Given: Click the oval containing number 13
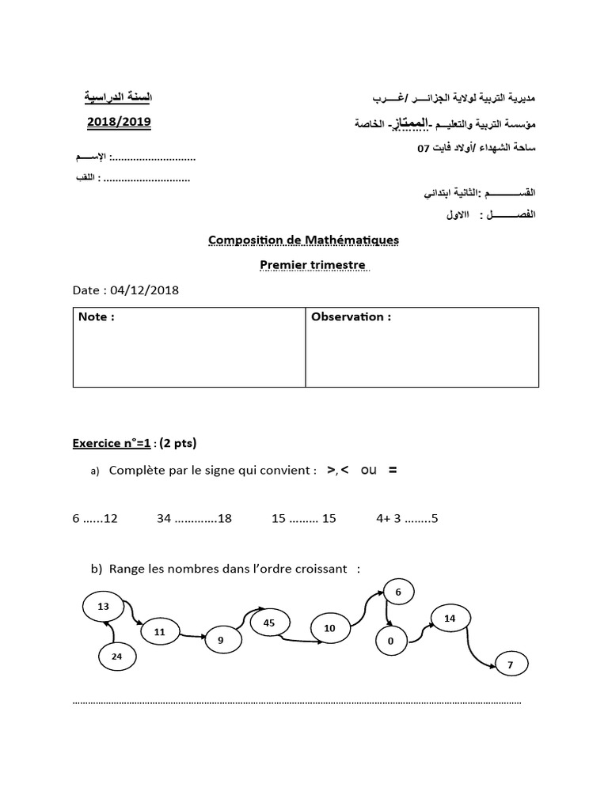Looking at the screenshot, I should click(x=103, y=607).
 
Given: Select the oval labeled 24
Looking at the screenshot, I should click(x=117, y=656).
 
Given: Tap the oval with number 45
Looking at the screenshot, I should click(x=269, y=623).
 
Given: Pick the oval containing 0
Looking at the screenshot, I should click(x=390, y=642).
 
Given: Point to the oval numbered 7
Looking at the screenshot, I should click(x=511, y=665).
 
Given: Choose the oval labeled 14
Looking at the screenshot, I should click(x=450, y=619).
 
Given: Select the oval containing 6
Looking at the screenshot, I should click(x=398, y=592).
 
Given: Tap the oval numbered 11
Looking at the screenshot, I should click(x=160, y=632).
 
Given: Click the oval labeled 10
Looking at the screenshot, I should click(x=330, y=629).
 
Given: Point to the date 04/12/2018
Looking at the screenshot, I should click(x=146, y=290).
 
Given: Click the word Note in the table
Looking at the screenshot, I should click(x=96, y=317).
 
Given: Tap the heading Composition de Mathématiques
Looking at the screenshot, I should click(x=303, y=240).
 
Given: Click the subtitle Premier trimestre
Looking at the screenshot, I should click(x=314, y=266).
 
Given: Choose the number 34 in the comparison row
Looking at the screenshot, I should click(x=164, y=519).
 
